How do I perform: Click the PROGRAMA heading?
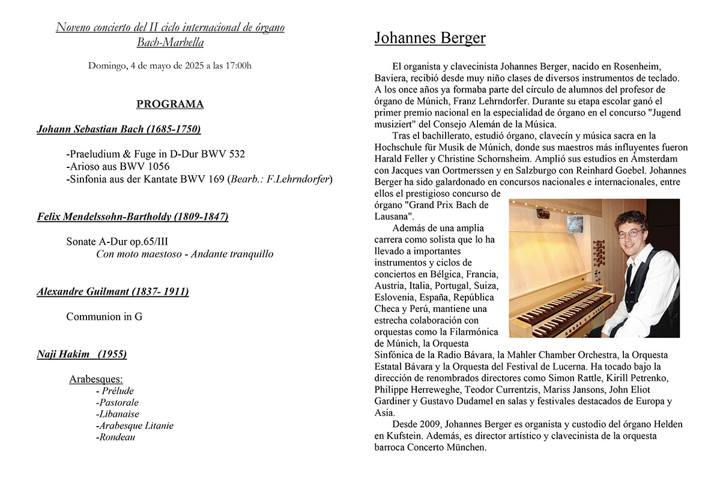(x=170, y=104)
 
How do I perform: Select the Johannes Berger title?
(x=429, y=38)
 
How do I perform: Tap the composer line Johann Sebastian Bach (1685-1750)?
(x=118, y=129)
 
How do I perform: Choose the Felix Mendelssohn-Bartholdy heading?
(x=132, y=217)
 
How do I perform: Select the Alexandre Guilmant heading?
(x=112, y=292)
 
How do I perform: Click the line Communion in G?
(x=104, y=316)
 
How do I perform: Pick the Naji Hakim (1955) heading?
(x=82, y=354)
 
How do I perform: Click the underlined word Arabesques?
(x=95, y=379)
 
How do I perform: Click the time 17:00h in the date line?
(x=237, y=65)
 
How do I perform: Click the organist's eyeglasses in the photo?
(x=630, y=233)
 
